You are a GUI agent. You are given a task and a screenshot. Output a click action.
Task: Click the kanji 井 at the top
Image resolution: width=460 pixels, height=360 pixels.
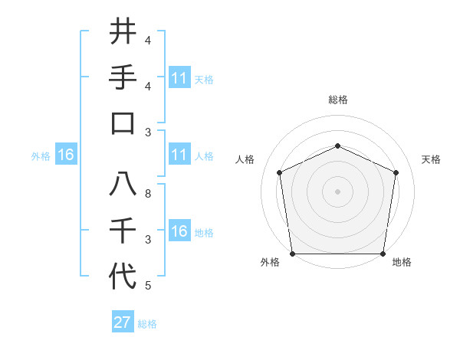click(x=123, y=32)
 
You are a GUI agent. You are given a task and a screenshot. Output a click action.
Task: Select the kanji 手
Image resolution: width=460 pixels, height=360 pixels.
click(x=123, y=77)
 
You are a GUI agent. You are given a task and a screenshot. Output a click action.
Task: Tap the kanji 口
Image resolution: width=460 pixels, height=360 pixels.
click(x=123, y=123)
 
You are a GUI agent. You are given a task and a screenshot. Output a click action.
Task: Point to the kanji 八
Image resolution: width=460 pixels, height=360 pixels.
click(x=123, y=183)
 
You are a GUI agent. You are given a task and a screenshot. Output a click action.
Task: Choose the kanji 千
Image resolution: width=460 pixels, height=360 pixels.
click(x=123, y=230)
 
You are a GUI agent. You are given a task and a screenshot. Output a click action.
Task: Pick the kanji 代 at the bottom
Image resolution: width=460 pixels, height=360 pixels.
click(x=123, y=275)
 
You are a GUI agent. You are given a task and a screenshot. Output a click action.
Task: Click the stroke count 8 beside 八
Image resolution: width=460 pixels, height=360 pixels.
click(x=148, y=195)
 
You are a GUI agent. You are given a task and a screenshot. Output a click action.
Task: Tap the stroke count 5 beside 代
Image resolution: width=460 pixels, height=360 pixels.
click(x=148, y=286)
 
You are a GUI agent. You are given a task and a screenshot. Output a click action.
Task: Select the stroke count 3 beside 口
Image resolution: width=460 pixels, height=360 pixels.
click(x=148, y=132)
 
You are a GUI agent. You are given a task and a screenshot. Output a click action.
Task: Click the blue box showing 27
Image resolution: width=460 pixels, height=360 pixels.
click(x=122, y=322)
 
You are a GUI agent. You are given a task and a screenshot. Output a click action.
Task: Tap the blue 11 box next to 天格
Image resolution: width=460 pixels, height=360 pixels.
click(x=179, y=77)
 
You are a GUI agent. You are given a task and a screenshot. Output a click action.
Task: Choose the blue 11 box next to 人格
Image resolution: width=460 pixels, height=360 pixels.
click(x=179, y=155)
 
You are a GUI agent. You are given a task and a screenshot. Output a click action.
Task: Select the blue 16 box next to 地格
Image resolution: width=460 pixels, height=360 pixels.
click(x=179, y=231)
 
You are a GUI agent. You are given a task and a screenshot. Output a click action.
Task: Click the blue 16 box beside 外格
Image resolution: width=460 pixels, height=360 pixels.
click(x=65, y=155)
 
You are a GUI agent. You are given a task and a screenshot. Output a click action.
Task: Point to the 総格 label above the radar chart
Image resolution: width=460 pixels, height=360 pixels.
click(x=337, y=100)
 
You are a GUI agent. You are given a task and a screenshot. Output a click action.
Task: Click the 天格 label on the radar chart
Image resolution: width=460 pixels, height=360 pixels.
click(x=431, y=159)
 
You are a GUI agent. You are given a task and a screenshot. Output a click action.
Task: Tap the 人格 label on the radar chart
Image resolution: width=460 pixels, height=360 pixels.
click(x=245, y=159)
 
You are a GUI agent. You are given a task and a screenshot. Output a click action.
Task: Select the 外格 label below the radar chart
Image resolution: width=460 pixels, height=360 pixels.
click(x=269, y=263)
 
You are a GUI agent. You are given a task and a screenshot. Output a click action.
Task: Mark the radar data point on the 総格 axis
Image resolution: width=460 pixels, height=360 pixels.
click(x=337, y=146)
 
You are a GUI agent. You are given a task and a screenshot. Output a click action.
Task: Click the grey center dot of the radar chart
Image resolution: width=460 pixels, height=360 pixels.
click(x=337, y=191)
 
